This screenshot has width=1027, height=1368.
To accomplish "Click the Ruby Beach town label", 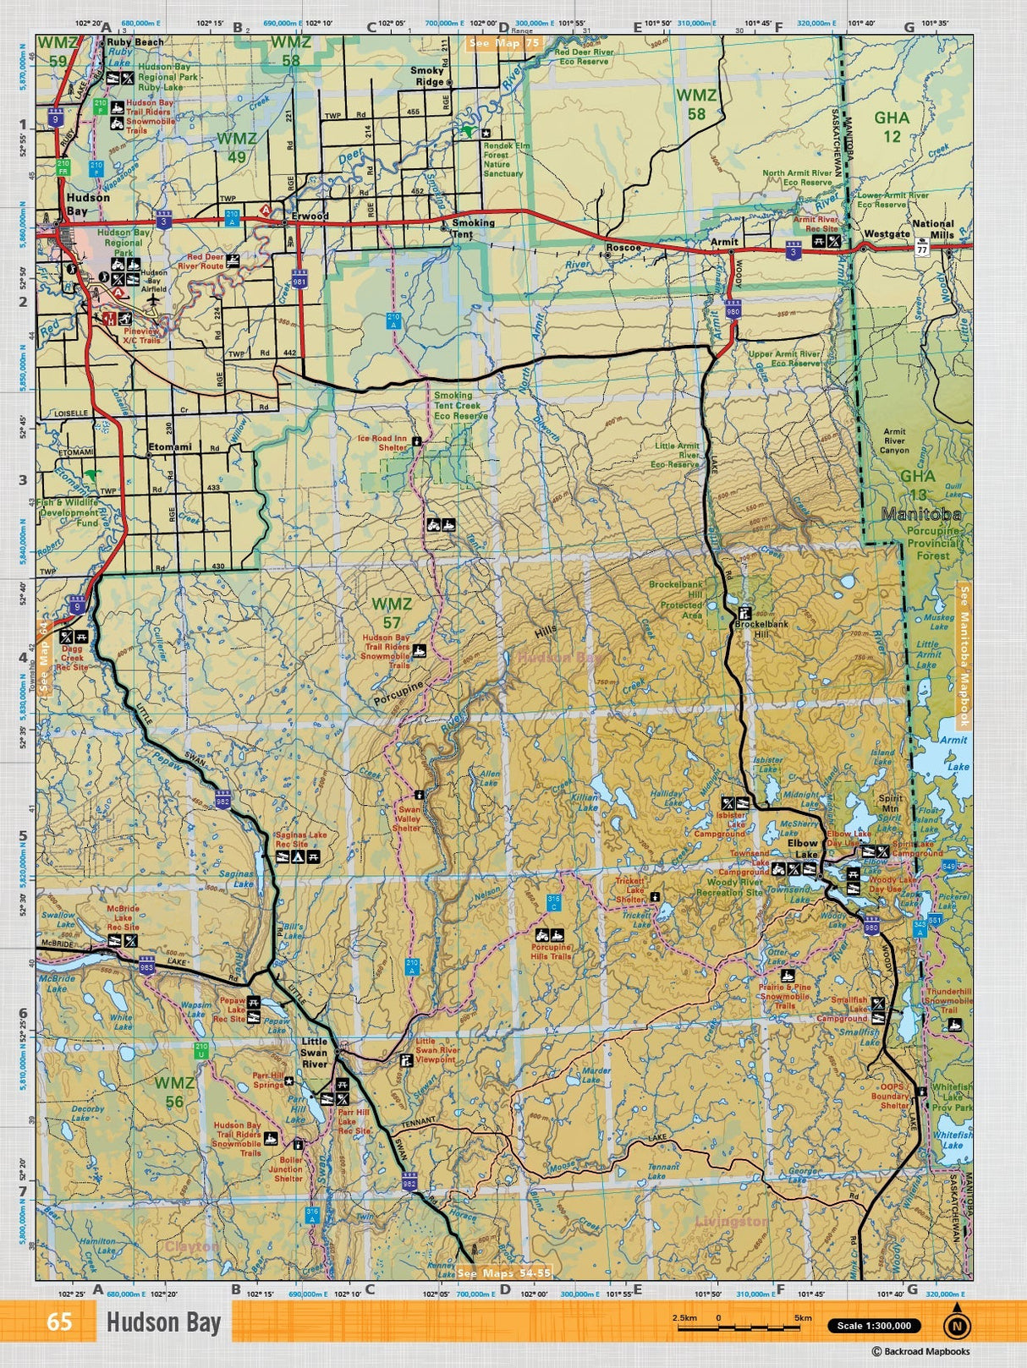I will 135,41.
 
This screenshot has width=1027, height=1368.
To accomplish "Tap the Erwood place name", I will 310,216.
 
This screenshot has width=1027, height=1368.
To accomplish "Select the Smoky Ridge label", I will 427,76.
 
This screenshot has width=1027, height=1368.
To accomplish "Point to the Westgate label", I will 887,234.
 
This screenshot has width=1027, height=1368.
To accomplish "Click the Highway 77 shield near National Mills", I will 920,249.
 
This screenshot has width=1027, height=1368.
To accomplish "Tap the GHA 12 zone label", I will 892,126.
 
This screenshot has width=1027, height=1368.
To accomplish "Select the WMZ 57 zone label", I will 392,613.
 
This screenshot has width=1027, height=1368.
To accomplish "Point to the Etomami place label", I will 170,446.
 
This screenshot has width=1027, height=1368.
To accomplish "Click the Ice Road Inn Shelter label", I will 382,442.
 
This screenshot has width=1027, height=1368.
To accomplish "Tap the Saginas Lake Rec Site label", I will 300,839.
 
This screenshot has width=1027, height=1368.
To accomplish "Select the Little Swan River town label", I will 314,1052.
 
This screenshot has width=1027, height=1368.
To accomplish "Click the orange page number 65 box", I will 59,1321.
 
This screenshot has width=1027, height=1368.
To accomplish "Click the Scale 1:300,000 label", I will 874,1326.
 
